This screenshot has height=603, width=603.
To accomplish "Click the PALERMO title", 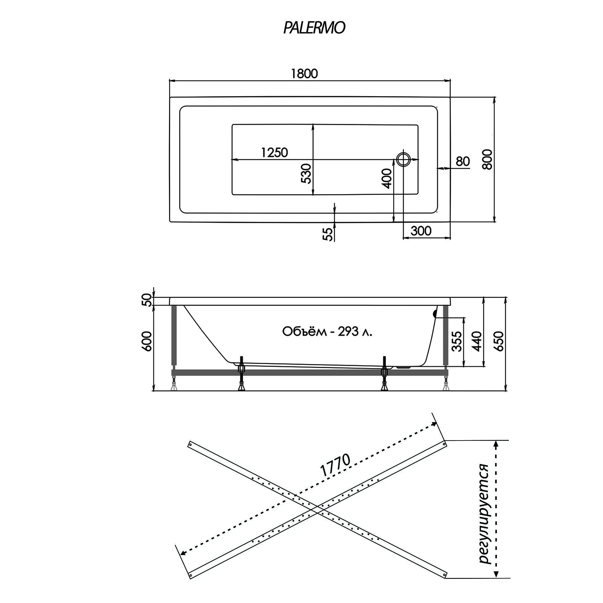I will [314, 28].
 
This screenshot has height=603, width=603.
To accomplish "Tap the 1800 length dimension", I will [304, 74].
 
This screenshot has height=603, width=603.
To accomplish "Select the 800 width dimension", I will [487, 159].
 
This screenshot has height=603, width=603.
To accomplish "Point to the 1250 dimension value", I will [274, 153].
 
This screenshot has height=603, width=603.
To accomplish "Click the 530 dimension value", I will [306, 174].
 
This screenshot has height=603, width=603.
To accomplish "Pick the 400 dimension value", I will [387, 178].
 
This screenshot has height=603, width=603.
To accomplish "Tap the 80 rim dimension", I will [463, 161].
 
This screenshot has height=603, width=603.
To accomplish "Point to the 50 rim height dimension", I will [148, 300].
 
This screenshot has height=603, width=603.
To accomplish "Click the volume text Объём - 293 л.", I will [327, 331].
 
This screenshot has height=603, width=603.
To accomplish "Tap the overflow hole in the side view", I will [434, 314].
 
